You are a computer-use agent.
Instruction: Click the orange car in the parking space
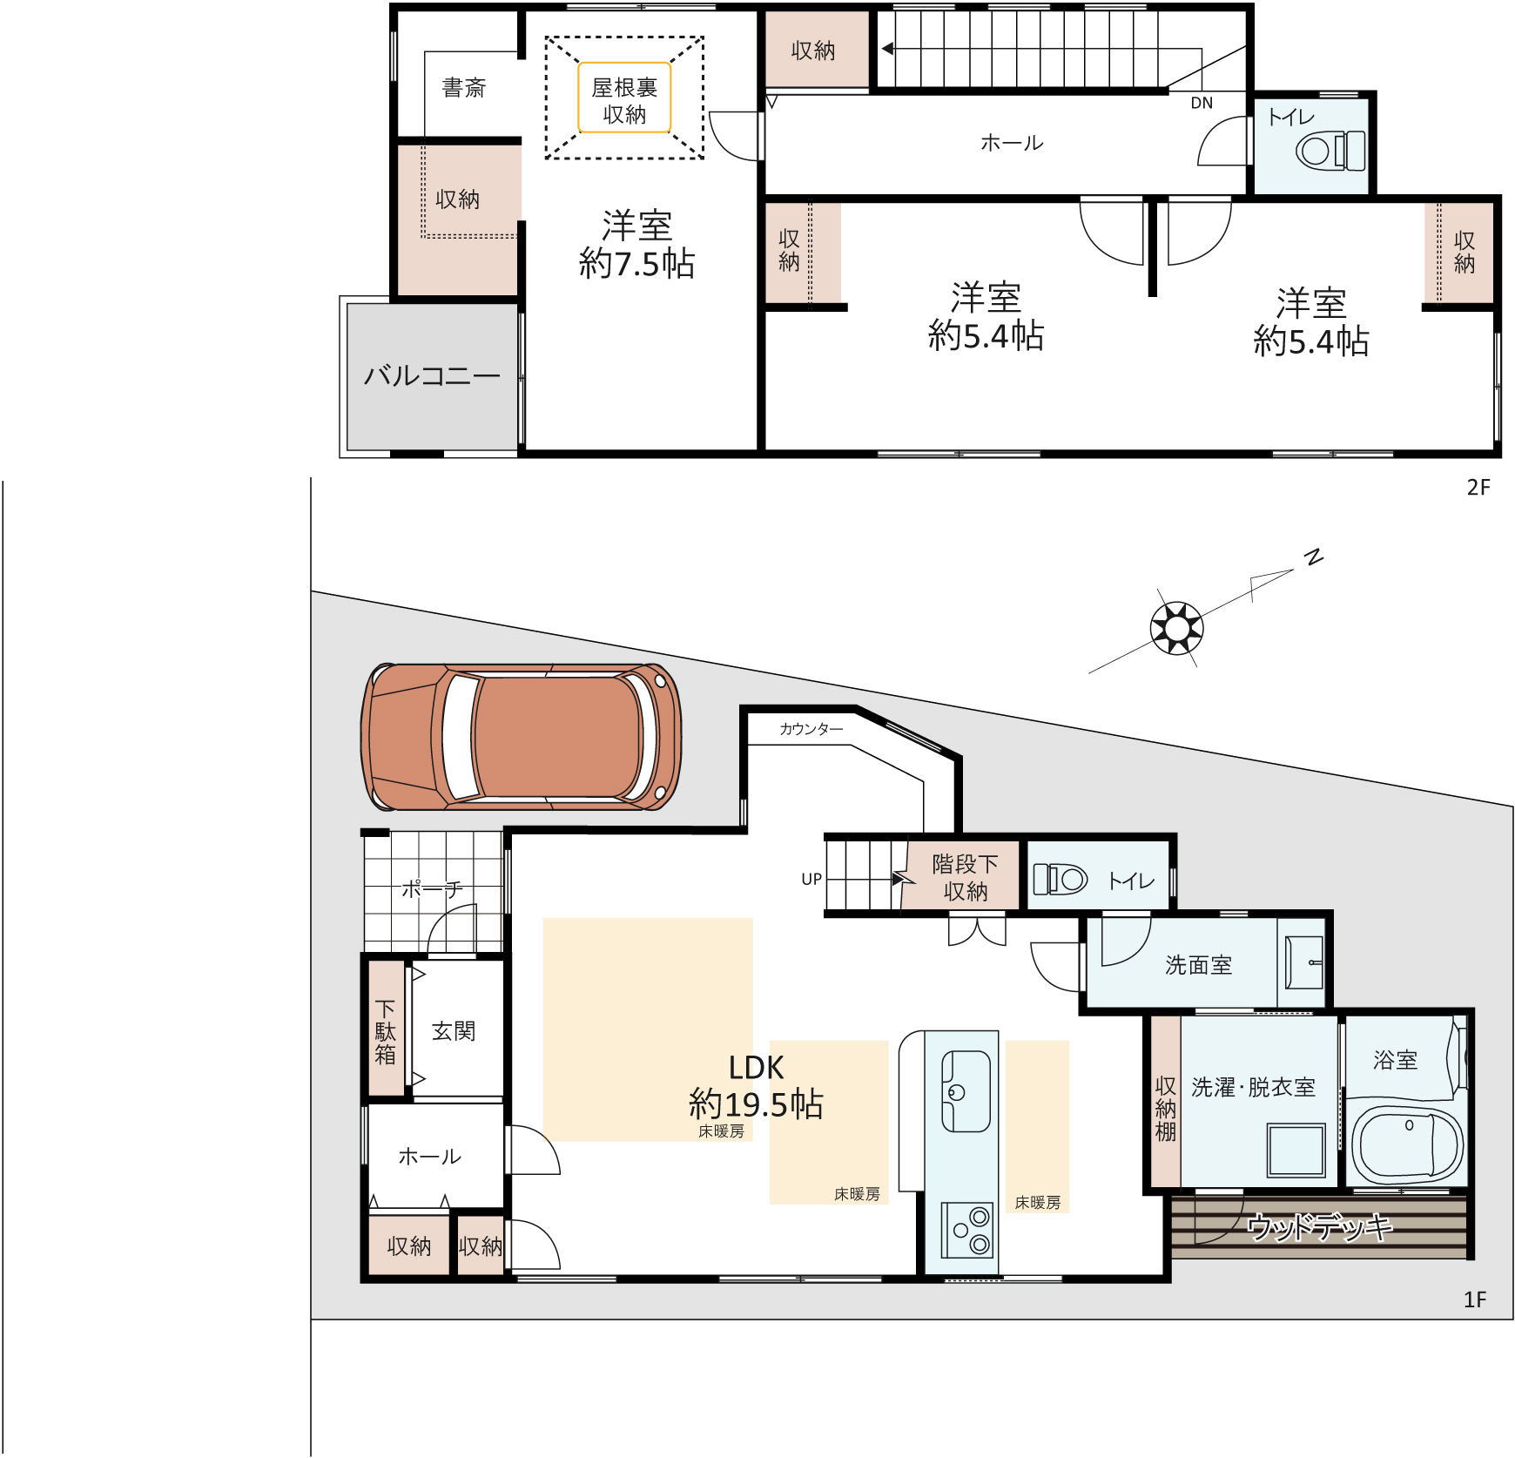pyautogui.click(x=521, y=736)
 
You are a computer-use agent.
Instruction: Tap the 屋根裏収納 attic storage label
pyautogui.click(x=624, y=100)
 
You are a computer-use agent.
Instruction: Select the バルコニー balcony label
pyautogui.click(x=432, y=375)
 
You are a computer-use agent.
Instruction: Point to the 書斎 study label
pyautogui.click(x=463, y=88)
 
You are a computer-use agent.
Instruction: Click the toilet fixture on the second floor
pyautogui.click(x=1330, y=150)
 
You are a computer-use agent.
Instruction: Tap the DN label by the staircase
pyautogui.click(x=1202, y=103)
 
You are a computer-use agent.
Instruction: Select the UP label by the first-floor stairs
pyautogui.click(x=811, y=879)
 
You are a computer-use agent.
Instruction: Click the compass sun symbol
pyautogui.click(x=1177, y=627)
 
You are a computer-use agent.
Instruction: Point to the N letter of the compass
pyautogui.click(x=1314, y=557)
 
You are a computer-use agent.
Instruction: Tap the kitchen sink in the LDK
pyautogui.click(x=966, y=1091)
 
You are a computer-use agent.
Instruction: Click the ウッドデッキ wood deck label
pyautogui.click(x=1320, y=1227)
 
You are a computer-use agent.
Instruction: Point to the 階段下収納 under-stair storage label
pyautogui.click(x=965, y=878)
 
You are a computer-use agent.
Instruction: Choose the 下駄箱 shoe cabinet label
pyautogui.click(x=385, y=1032)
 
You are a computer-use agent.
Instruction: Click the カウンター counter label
pyautogui.click(x=811, y=729)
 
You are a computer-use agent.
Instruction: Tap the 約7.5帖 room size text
pyautogui.click(x=636, y=264)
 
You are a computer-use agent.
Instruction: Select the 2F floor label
pyautogui.click(x=1478, y=488)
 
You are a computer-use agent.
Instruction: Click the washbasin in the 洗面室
pyautogui.click(x=1304, y=962)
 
